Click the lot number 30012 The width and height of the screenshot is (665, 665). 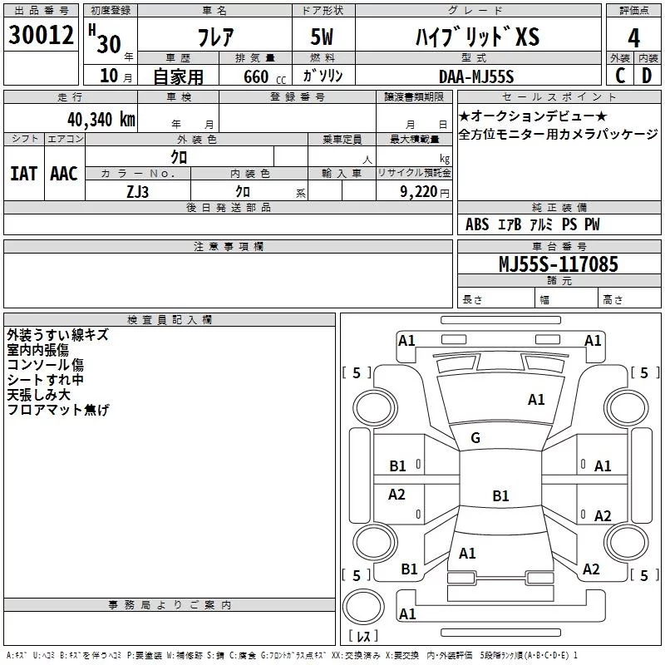[x=41, y=35]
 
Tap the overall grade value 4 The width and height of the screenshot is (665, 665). [x=634, y=37]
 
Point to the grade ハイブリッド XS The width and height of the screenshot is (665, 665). [x=477, y=37]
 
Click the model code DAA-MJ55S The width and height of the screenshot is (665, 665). [x=477, y=76]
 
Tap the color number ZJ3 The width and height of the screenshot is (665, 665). [x=138, y=190]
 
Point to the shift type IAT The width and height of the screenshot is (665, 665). [x=24, y=174]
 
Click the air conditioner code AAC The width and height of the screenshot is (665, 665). [x=64, y=174]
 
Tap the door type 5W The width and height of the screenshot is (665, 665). [x=324, y=37]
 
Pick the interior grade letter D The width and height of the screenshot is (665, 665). [x=647, y=76]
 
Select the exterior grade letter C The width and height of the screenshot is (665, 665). [x=620, y=76]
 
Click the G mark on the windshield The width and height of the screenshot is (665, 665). [x=475, y=438]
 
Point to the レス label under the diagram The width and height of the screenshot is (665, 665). [x=362, y=637]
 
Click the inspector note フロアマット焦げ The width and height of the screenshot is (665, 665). [x=58, y=410]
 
